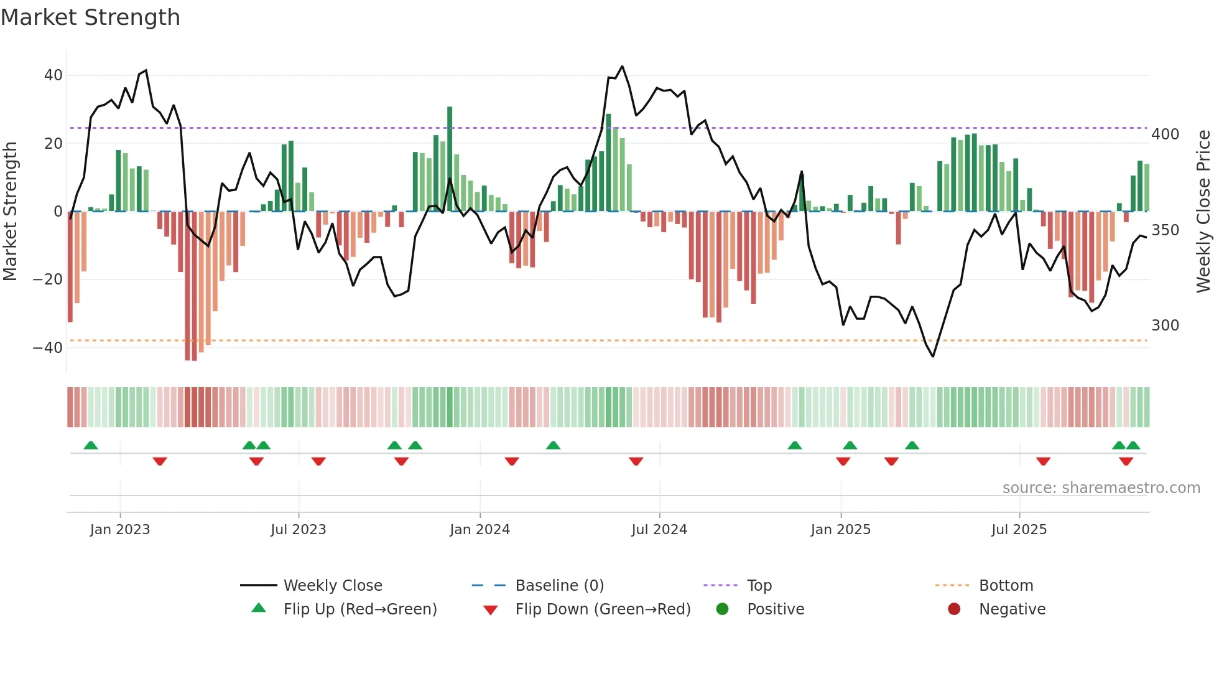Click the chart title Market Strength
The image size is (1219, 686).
click(x=90, y=17)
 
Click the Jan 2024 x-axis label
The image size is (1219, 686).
click(x=480, y=530)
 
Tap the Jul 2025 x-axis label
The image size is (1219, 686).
click(x=1019, y=530)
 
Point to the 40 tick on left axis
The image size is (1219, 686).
click(x=53, y=75)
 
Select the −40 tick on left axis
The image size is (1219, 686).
click(x=48, y=348)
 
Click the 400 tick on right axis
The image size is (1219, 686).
click(x=1165, y=134)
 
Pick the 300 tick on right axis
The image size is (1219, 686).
click(x=1165, y=326)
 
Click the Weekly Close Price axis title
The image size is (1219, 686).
click(x=1203, y=212)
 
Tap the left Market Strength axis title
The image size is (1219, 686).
click(x=11, y=212)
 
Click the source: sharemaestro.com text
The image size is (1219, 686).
click(x=1101, y=488)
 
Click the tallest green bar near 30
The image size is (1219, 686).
click(x=450, y=159)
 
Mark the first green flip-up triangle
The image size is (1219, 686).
click(x=91, y=445)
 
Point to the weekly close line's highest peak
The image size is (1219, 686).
click(x=622, y=67)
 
